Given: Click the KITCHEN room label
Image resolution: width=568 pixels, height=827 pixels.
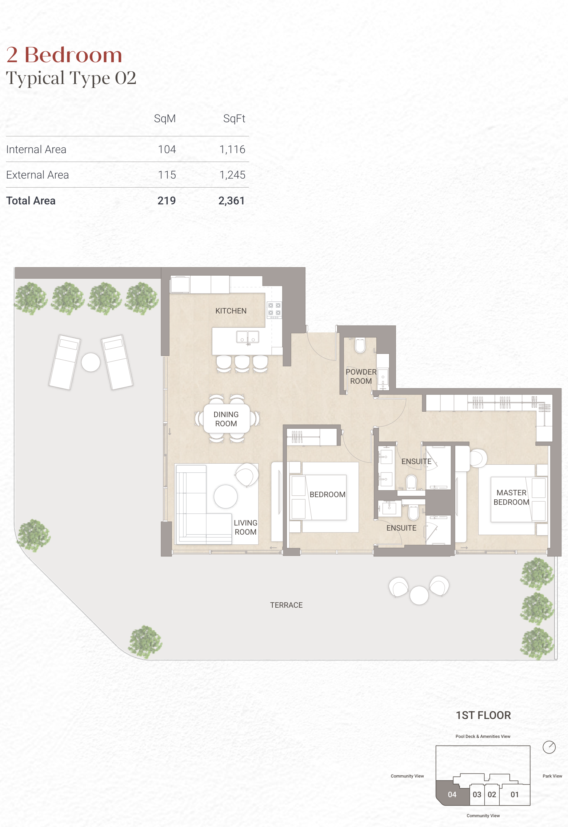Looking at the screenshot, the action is click(x=231, y=311).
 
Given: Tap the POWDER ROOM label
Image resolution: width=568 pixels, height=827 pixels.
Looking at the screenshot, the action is click(x=361, y=376).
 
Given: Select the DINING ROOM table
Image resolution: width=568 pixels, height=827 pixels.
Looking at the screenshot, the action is click(x=227, y=419).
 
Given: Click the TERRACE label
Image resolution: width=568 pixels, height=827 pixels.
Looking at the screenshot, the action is click(x=286, y=605).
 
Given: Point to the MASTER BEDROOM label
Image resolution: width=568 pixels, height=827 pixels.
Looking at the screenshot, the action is click(x=511, y=498).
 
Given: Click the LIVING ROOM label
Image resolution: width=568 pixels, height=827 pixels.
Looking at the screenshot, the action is click(x=245, y=527).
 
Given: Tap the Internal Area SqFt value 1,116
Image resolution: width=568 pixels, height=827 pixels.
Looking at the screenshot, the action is click(x=232, y=149).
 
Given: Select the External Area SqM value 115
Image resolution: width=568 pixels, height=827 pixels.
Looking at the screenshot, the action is click(x=167, y=175).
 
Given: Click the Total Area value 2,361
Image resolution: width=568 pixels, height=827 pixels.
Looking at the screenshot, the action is click(x=232, y=201).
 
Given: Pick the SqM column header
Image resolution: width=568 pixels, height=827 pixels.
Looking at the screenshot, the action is click(x=165, y=119).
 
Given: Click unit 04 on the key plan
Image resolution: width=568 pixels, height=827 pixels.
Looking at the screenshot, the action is click(x=452, y=795).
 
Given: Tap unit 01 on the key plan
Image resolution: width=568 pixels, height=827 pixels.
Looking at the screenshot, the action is click(x=515, y=795).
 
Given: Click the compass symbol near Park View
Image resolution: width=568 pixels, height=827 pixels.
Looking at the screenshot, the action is click(x=549, y=747).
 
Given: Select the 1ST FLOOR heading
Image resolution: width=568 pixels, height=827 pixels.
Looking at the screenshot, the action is click(x=483, y=715).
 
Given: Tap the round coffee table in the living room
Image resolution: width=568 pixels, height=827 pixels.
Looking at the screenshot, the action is click(x=225, y=496).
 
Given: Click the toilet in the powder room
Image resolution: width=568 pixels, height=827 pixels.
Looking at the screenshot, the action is click(x=360, y=346).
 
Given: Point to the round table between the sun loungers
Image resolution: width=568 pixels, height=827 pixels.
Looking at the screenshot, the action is click(x=91, y=362).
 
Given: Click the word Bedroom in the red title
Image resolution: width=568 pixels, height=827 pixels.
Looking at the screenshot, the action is click(x=73, y=55).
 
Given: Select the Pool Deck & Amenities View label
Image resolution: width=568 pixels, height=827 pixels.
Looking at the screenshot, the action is click(x=483, y=736).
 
